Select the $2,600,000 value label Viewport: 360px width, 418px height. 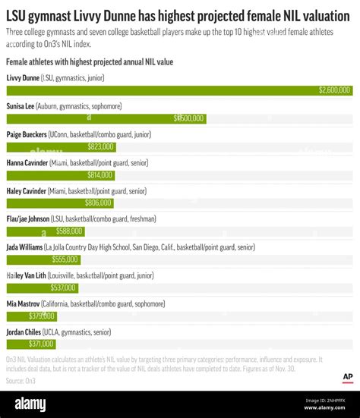click(x=335, y=90)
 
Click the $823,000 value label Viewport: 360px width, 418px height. click(x=100, y=147)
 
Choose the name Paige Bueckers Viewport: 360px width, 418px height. click(x=27, y=134)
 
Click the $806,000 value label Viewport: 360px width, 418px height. click(x=98, y=203)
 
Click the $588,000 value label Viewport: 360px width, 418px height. click(x=69, y=231)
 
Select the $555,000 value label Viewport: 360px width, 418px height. click(x=65, y=259)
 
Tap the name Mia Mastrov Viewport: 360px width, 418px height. click(x=24, y=303)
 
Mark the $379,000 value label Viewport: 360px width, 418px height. click(x=42, y=316)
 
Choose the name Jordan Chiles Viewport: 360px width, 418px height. click(x=26, y=332)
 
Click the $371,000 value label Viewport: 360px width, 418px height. click(x=41, y=344)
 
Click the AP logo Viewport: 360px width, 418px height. click(x=346, y=377)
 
